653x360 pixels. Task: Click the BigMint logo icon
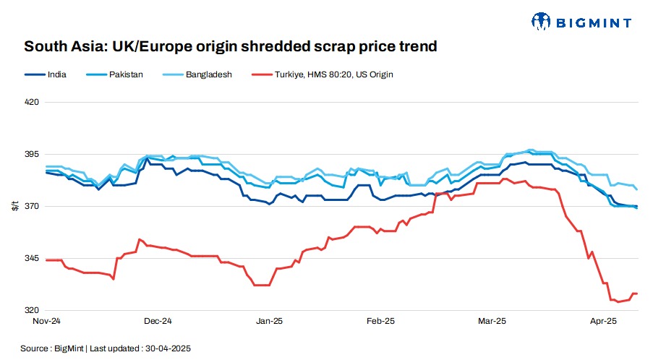(x=542, y=22)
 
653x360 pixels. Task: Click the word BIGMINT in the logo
(x=594, y=23)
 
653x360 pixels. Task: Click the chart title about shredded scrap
(x=231, y=48)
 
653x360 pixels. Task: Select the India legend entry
(x=47, y=74)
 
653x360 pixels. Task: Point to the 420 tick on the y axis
(x=31, y=103)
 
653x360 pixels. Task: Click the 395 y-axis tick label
(x=31, y=155)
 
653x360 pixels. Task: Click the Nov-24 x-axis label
(x=46, y=320)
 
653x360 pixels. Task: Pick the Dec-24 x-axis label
(x=158, y=320)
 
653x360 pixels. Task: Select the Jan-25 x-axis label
(x=269, y=320)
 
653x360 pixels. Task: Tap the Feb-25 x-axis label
(x=380, y=320)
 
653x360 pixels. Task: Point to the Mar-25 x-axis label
(x=492, y=320)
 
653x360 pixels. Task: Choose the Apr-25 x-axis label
(x=603, y=320)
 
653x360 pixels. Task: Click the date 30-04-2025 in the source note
(x=168, y=348)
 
